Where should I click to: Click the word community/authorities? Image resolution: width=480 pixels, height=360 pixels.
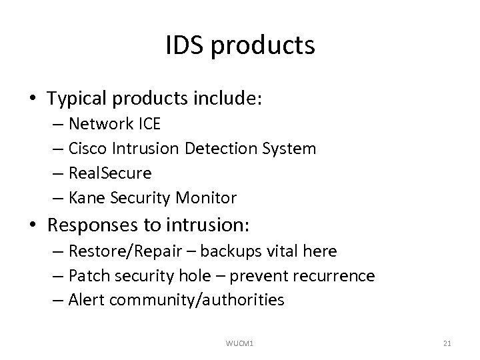pos(197,300)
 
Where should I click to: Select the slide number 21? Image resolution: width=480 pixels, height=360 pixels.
pos(447,343)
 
